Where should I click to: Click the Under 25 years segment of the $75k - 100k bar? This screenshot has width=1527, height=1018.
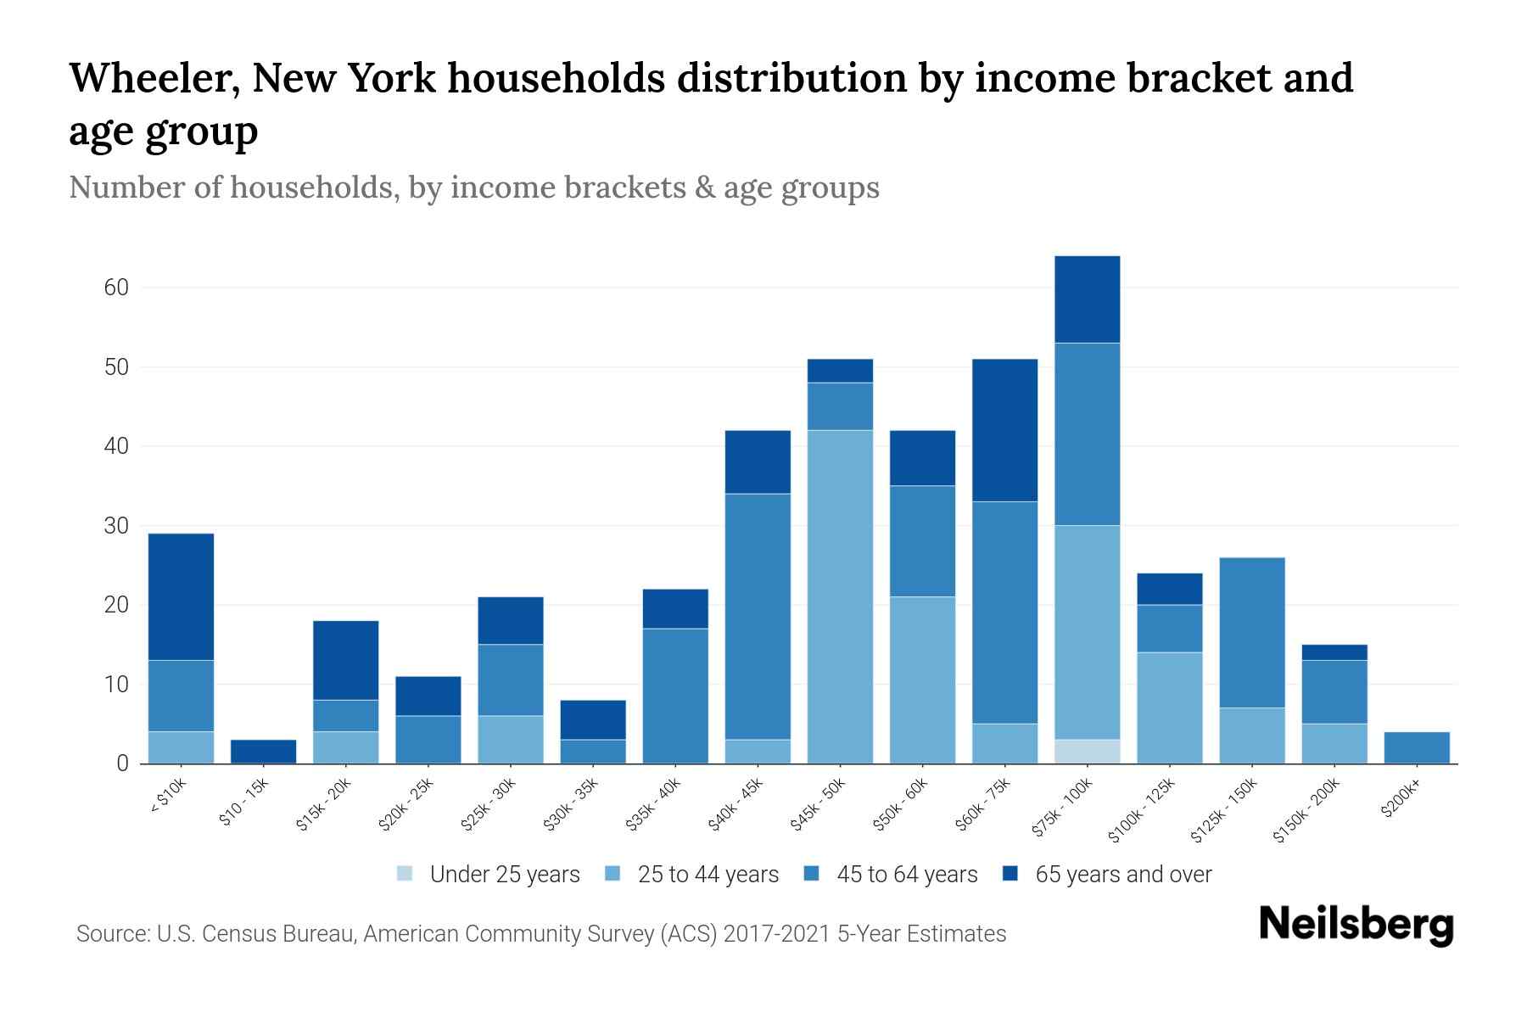[x=1087, y=752]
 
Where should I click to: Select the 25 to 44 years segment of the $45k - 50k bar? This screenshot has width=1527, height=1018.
[x=840, y=596]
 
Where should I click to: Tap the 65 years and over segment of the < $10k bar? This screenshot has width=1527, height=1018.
[x=181, y=596]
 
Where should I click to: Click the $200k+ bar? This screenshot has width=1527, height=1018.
[x=1416, y=747]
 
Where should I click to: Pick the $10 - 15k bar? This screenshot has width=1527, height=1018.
[x=263, y=752]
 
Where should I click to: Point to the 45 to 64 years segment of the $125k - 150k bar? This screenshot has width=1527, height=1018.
[x=1251, y=632]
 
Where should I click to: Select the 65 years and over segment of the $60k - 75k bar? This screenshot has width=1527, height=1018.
[x=1004, y=430]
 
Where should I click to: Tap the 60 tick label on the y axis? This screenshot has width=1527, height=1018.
[x=116, y=288]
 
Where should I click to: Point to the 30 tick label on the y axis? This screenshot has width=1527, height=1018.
[x=116, y=526]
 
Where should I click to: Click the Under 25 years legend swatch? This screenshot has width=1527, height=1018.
[x=406, y=874]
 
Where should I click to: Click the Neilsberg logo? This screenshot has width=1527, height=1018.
[x=1356, y=925]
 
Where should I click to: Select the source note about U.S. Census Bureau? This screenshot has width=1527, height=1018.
[x=541, y=934]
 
